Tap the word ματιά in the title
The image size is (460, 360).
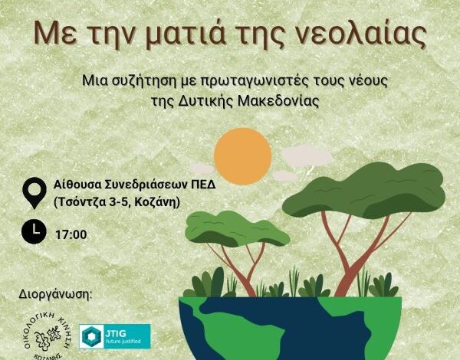(x=185, y=34)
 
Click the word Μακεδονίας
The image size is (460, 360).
(x=278, y=101)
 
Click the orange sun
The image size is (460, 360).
(x=242, y=156)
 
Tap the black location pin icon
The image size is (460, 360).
(x=34, y=193)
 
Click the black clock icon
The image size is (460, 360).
(x=34, y=232)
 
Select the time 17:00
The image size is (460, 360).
(x=71, y=235)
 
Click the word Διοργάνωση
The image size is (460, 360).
(x=55, y=294)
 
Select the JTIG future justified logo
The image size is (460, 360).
(x=115, y=336)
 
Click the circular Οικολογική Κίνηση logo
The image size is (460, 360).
(x=47, y=336)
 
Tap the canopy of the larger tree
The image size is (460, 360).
(x=364, y=190)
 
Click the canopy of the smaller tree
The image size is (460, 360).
(x=238, y=229)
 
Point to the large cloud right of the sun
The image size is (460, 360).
(x=306, y=155)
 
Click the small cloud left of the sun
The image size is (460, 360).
(x=202, y=169)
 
